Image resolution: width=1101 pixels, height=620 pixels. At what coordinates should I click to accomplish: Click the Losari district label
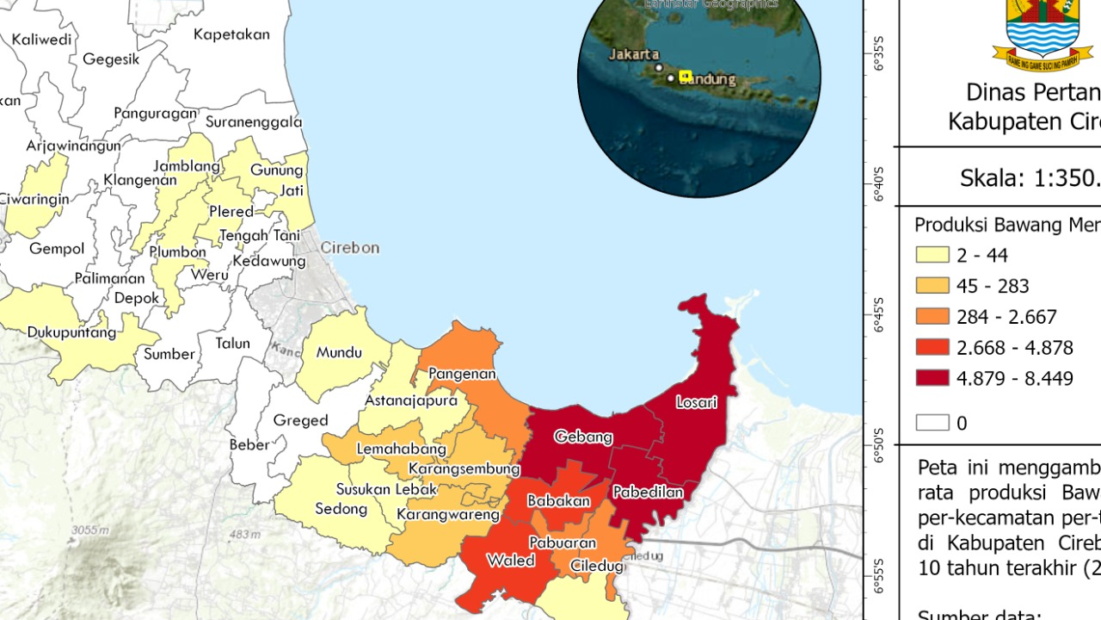(x=697, y=402)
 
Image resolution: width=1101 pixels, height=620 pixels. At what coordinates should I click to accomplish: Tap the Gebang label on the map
(x=583, y=437)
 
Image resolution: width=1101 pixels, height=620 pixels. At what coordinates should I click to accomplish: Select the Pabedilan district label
(x=648, y=493)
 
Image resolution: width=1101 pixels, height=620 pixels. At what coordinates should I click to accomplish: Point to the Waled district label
(x=511, y=561)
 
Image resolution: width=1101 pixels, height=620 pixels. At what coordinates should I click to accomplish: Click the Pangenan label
(x=463, y=374)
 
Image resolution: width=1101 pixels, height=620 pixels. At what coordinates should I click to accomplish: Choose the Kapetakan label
(x=231, y=35)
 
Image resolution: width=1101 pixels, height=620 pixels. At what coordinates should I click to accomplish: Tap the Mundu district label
(x=339, y=352)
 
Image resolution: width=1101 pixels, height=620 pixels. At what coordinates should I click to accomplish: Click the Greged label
(x=300, y=420)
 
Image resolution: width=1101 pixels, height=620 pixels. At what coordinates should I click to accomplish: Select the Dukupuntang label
(x=71, y=332)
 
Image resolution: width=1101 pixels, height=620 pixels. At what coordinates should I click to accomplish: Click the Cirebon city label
(x=349, y=248)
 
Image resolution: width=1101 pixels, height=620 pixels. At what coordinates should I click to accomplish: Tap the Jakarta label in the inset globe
(x=634, y=54)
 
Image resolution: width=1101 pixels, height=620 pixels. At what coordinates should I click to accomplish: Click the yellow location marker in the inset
(x=686, y=76)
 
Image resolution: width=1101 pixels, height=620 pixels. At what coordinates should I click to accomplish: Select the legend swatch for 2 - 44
(x=932, y=255)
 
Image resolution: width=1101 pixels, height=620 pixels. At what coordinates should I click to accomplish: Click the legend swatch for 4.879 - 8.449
(x=932, y=378)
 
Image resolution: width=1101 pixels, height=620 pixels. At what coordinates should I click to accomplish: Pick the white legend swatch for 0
(x=932, y=423)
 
